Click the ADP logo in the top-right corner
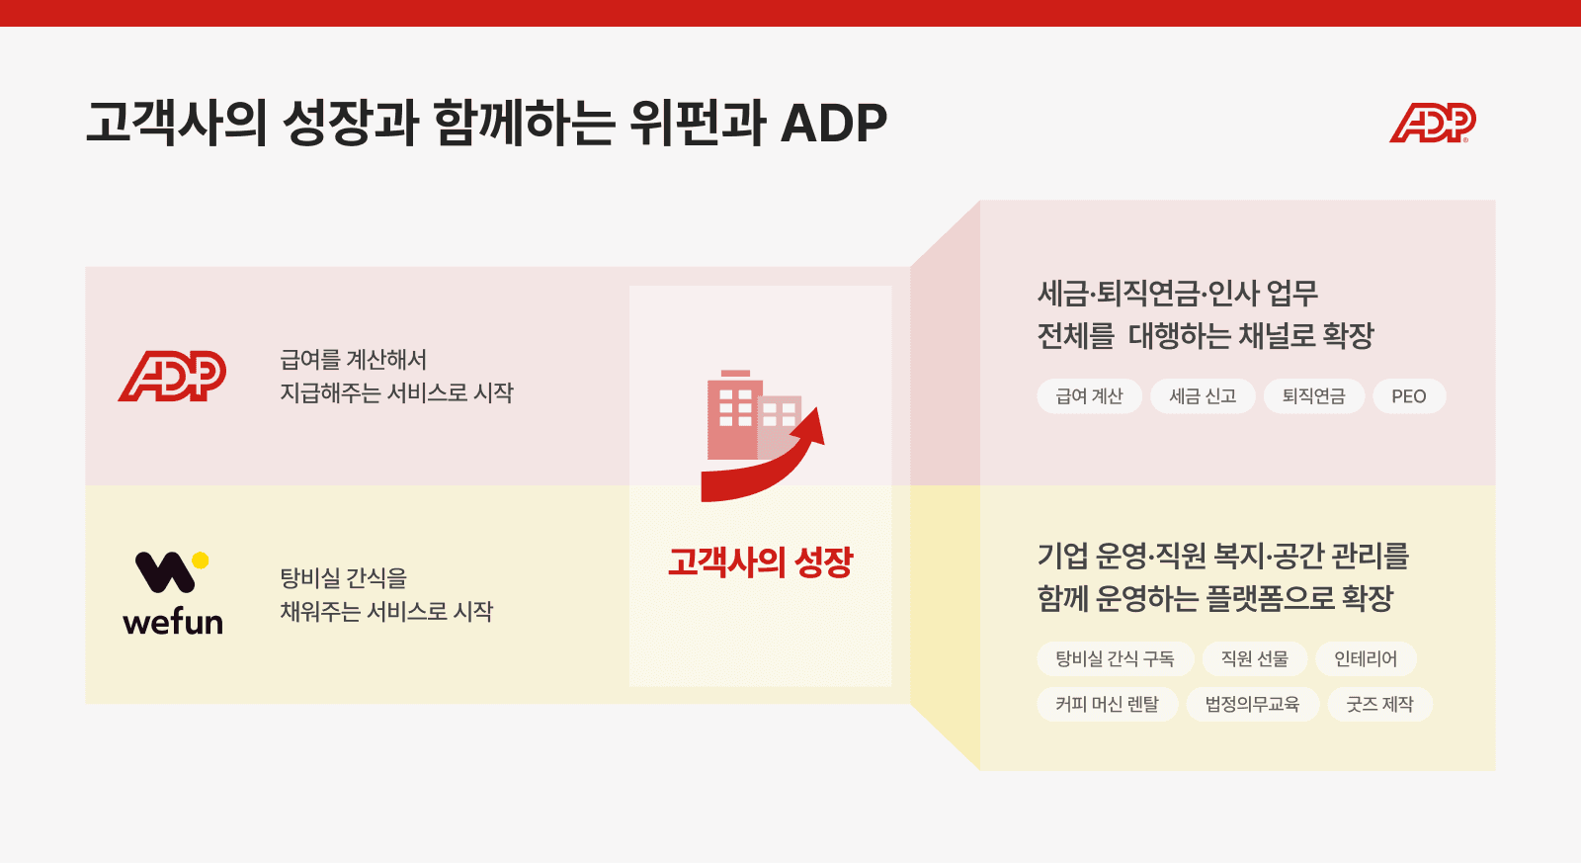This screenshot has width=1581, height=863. coord(1432,123)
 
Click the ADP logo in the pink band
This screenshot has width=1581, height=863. coord(172,376)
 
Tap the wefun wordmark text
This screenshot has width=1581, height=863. coord(173,622)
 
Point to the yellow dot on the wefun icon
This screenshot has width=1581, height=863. coord(201,561)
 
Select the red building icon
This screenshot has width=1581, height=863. coord(752,415)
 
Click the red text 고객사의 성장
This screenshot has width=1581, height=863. coord(761,562)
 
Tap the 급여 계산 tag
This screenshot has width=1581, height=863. coord(1089,396)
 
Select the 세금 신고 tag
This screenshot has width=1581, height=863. coord(1203,396)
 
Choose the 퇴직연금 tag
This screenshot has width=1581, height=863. coord(1313,396)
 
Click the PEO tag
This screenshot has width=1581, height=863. coord(1409,396)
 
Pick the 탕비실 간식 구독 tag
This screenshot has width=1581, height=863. coord(1116,659)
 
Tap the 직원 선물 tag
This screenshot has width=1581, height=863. coord(1255,659)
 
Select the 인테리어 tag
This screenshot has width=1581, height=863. coord(1366,659)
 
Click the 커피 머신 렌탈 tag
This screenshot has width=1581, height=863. coord(1108,704)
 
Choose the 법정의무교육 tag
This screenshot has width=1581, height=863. coord(1252,704)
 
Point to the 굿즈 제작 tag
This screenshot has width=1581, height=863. coord(1379,704)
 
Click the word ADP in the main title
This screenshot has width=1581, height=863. coord(834,124)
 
